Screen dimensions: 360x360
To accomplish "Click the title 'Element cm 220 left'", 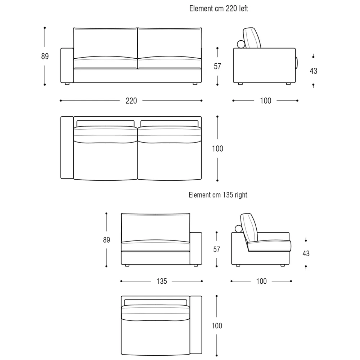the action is pos(219,9).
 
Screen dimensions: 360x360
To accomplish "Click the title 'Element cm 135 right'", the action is pos(218,195).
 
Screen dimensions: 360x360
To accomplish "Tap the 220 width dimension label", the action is pos(131,101).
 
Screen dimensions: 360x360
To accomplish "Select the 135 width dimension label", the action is pos(162,281).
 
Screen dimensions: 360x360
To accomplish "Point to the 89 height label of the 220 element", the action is pos(45,56).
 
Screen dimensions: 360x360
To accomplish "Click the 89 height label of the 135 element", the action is pos(107,240).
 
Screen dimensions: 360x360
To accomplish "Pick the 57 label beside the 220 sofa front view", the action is pos(217,66).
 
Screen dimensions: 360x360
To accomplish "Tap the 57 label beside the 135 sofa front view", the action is pos(217,249).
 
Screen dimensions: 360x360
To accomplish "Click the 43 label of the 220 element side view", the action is pos(314,71).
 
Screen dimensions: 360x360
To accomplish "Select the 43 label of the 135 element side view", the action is pos(306,253).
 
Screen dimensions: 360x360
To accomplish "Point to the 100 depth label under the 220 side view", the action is pos(265,101).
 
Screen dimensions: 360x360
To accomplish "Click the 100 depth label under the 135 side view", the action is pos(261,281).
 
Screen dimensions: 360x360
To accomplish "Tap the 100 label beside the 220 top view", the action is pos(217,149).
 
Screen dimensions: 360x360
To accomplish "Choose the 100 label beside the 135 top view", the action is pos(217,326).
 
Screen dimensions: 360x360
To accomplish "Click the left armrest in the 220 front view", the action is pos(67,66).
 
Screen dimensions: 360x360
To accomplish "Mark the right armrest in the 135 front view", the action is pos(196,248).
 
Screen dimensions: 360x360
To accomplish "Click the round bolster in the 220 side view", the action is pos(241,44).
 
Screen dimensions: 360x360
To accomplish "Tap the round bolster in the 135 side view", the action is pos(239,229).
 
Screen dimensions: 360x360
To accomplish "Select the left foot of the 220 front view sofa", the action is pos(67,84).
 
